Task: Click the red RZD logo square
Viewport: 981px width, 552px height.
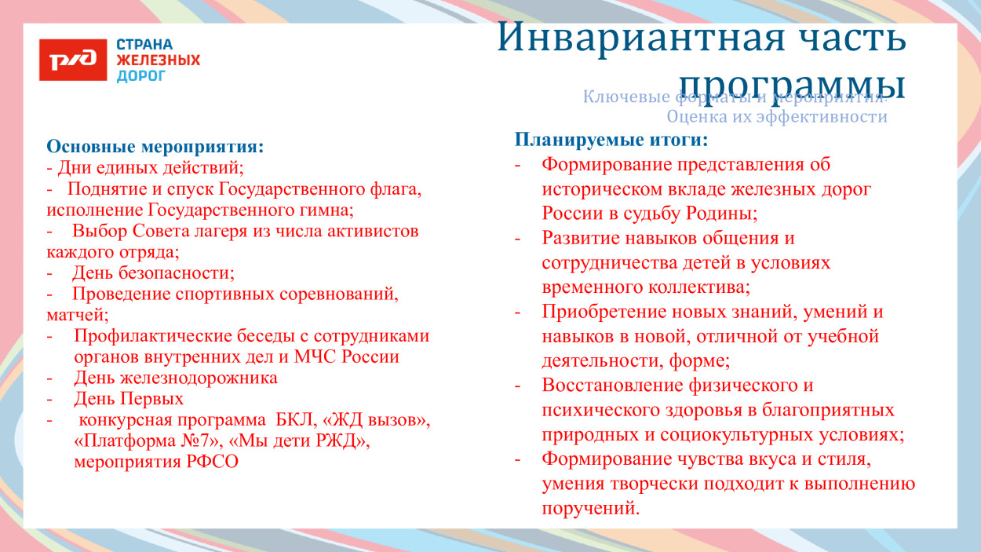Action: tap(72, 60)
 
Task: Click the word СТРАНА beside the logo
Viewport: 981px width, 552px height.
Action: tap(144, 45)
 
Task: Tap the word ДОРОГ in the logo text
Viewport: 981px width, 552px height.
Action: tap(141, 76)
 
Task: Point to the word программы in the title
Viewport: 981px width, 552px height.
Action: tap(792, 83)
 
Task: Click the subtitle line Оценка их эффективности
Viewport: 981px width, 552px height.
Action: tap(776, 117)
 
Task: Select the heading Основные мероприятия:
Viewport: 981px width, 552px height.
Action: tap(155, 146)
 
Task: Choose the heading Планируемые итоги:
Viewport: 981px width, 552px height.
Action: tap(611, 140)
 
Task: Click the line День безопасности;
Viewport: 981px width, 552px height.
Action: tap(153, 273)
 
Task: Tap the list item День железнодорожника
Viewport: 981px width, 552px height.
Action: tap(175, 378)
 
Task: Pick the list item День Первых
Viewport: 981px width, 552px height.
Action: tap(129, 399)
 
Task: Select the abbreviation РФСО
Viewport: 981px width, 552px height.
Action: tap(212, 462)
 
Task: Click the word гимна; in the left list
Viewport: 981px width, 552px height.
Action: tap(327, 210)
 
